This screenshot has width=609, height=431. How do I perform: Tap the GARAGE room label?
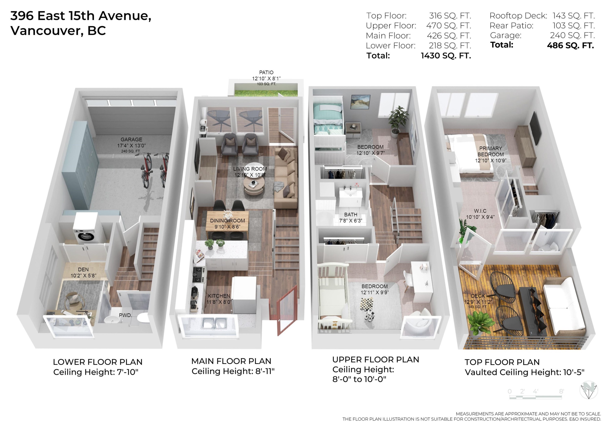tap(131, 140)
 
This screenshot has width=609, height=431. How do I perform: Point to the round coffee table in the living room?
tap(254, 183)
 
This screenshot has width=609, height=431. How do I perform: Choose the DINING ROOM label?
tap(227, 221)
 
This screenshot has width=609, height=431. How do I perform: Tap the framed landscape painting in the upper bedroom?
tap(360, 102)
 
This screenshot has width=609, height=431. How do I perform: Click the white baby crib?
tap(333, 297)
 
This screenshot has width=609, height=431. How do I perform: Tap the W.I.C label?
tap(480, 211)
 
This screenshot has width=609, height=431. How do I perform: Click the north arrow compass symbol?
tap(588, 390)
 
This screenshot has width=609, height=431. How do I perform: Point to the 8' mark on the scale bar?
tap(561, 391)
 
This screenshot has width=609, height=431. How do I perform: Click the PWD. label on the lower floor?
tap(125, 315)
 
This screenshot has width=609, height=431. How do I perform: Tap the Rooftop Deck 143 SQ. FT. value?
tap(573, 16)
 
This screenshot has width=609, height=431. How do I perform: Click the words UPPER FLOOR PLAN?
tap(376, 360)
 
